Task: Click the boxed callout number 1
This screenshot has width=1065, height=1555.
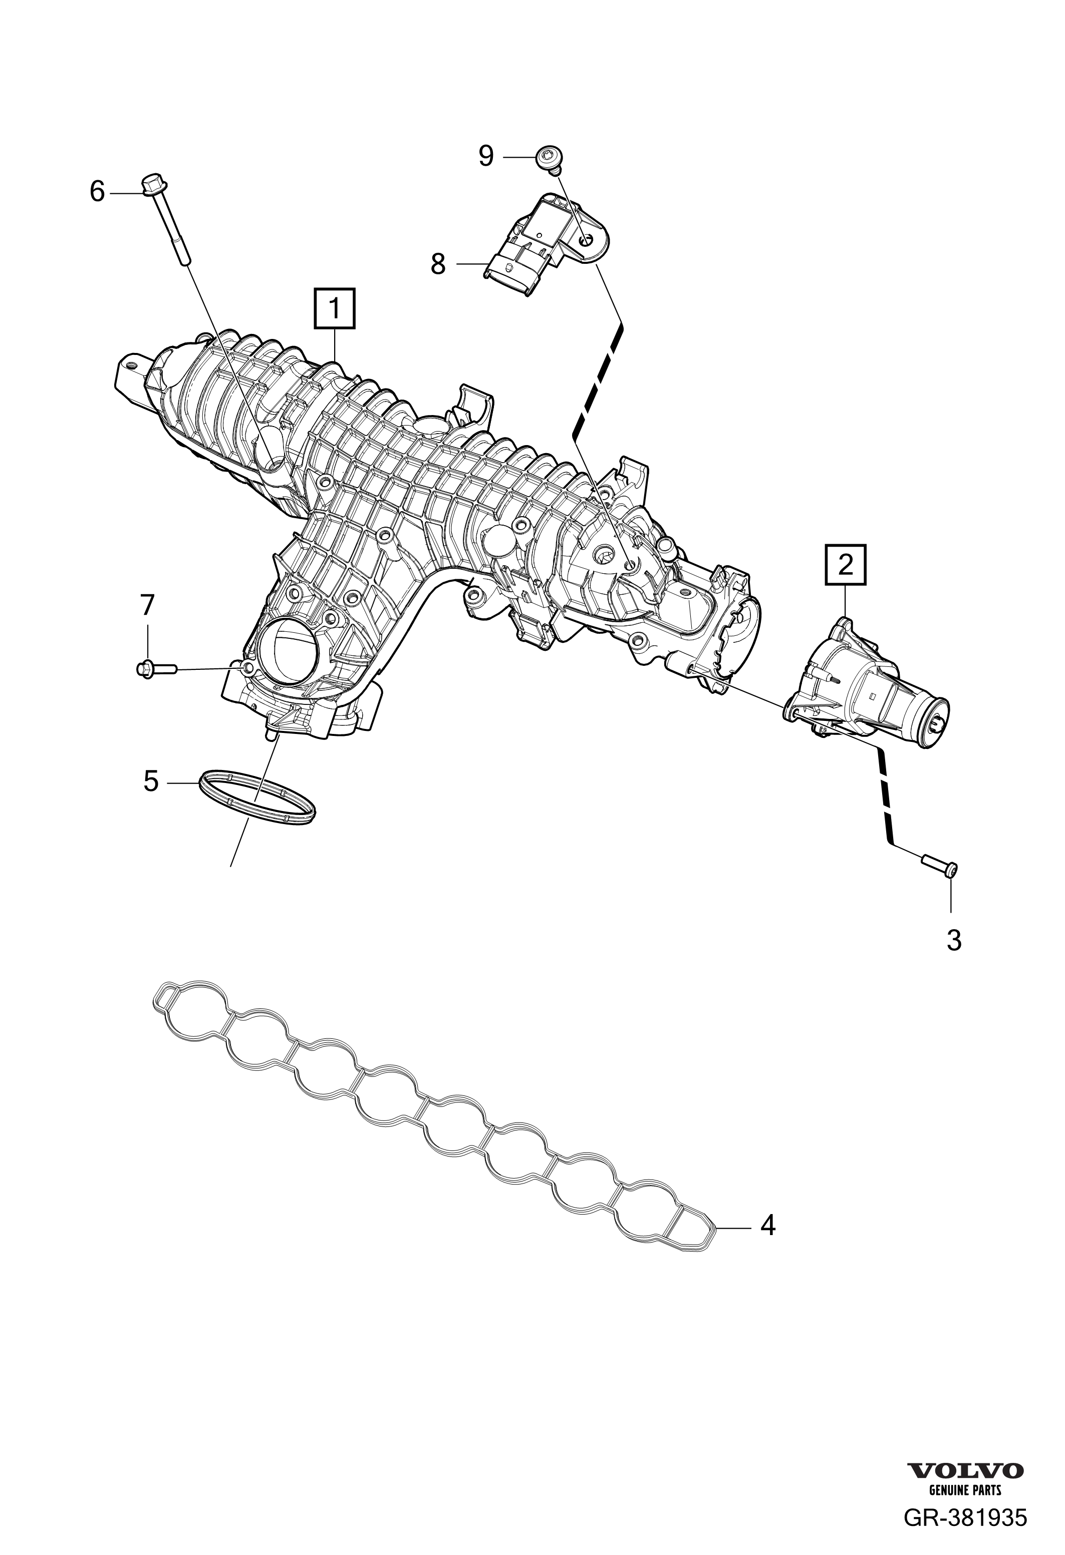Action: (334, 308)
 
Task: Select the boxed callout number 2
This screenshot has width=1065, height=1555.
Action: (846, 566)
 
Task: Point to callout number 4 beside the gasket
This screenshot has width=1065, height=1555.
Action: (768, 1226)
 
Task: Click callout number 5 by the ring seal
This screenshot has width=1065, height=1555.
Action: (151, 781)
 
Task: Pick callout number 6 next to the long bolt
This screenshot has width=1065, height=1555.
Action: (98, 193)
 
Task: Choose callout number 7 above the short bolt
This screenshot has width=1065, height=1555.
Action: (147, 606)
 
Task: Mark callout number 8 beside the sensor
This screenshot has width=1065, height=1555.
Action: (438, 264)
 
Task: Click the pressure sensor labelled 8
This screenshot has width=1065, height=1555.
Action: (549, 243)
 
